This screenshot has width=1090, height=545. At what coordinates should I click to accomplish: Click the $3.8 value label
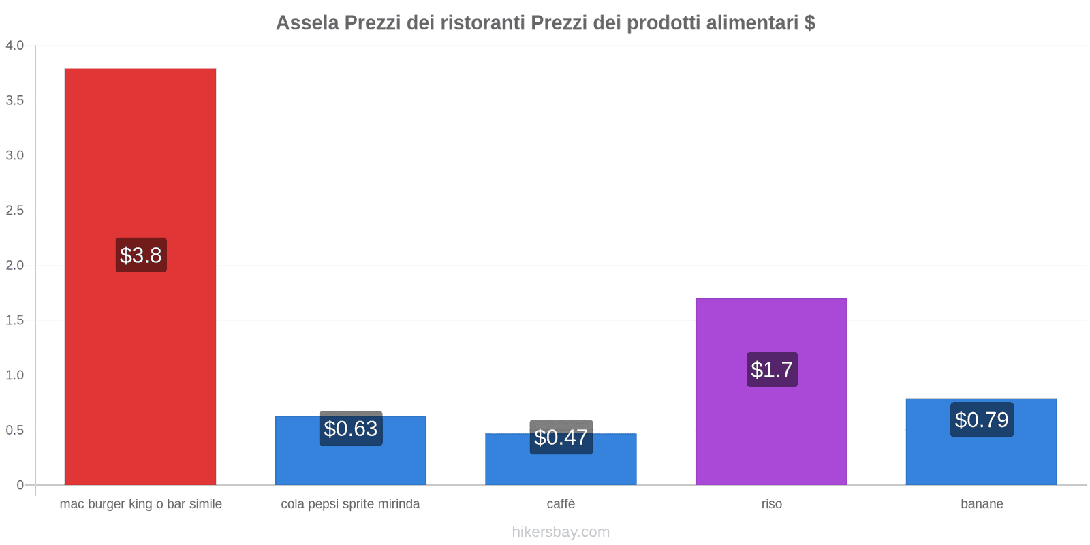pos(141,255)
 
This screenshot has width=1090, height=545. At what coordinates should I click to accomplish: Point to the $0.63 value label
pos(351,429)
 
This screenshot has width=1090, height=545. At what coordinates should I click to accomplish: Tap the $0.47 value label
pos(561,437)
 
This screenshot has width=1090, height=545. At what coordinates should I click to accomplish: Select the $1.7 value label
pos(772,370)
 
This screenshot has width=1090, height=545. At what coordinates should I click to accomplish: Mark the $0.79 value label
pos(982,420)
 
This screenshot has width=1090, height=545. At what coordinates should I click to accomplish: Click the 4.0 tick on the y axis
pos(15,46)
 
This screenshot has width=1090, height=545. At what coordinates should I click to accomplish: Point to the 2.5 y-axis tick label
pos(15,211)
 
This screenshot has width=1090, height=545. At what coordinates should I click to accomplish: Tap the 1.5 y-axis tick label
pos(15,320)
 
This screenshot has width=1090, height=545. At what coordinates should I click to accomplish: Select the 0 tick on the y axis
pos(20,485)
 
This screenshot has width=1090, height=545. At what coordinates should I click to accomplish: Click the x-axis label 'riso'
pos(771,504)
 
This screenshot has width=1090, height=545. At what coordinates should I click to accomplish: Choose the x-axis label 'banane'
pos(982,504)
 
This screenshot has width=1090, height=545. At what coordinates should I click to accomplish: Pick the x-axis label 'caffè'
pos(561,504)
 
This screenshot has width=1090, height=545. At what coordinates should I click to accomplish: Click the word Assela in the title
pos(307,22)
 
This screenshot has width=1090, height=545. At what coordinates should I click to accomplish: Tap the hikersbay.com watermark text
pos(561,532)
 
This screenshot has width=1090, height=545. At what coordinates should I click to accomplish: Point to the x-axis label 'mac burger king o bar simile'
pos(141,504)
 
